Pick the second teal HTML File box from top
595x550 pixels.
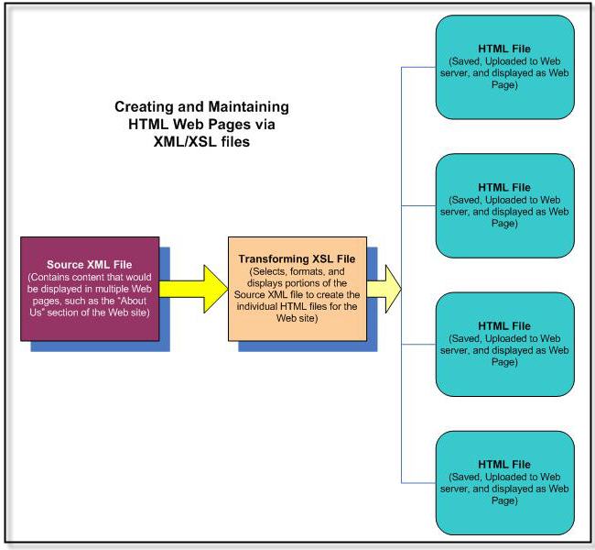(503, 204)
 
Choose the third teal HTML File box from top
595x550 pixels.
(503, 344)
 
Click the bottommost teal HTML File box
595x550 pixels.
(503, 482)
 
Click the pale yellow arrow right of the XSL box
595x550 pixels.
(385, 285)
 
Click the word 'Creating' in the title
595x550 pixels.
(146, 107)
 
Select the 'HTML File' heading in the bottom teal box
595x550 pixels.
(504, 465)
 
